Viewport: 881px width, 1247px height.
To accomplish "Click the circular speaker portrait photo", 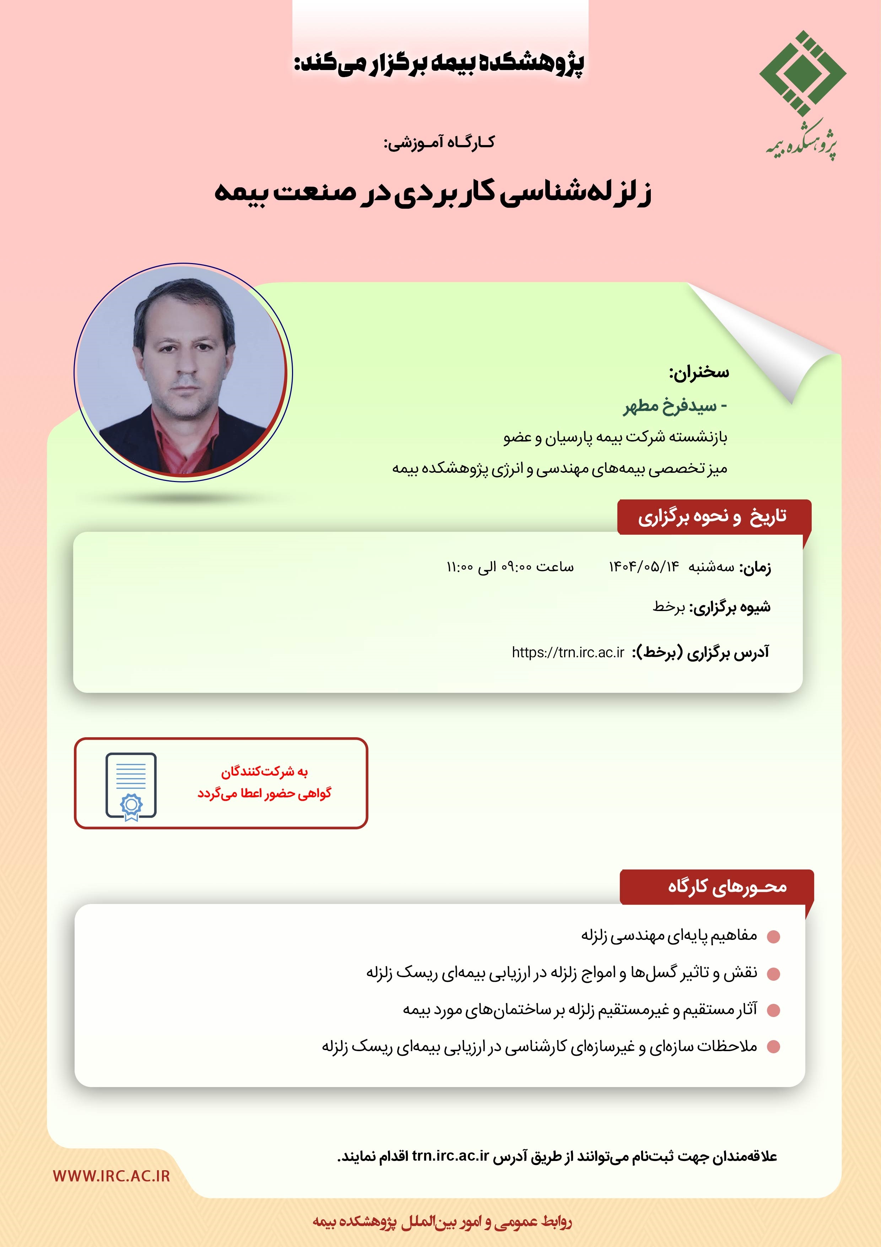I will pyautogui.click(x=183, y=373).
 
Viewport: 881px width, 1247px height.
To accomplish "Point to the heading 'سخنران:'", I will pyautogui.click(x=699, y=373).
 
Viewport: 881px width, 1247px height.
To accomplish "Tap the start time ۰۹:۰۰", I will pyautogui.click(x=516, y=567).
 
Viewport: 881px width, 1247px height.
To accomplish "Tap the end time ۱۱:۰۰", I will pyautogui.click(x=460, y=567).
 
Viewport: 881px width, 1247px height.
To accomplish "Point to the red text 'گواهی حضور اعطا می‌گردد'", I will pyautogui.click(x=264, y=793).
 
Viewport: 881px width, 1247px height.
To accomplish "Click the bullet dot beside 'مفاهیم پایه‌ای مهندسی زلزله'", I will pyautogui.click(x=773, y=936).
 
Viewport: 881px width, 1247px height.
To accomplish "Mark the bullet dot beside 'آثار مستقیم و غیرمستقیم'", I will pyautogui.click(x=773, y=1010).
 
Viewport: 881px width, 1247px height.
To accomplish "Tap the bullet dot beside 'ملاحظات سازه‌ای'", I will pyautogui.click(x=773, y=1047).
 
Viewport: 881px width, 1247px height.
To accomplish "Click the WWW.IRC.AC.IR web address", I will pyautogui.click(x=111, y=1176).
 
